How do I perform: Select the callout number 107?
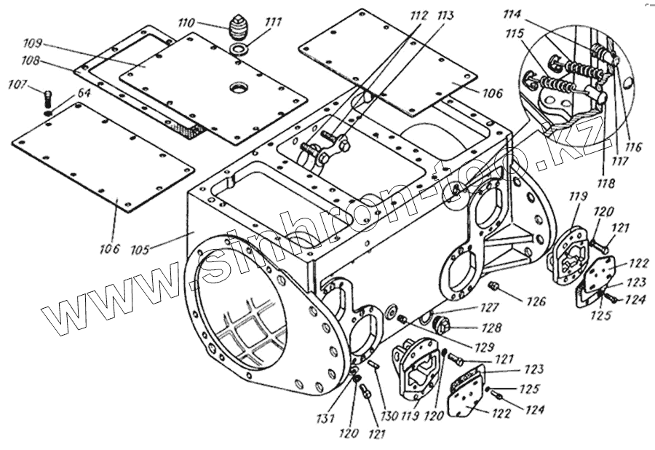[x=18, y=85]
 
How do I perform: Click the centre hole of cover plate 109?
[x=238, y=88]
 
